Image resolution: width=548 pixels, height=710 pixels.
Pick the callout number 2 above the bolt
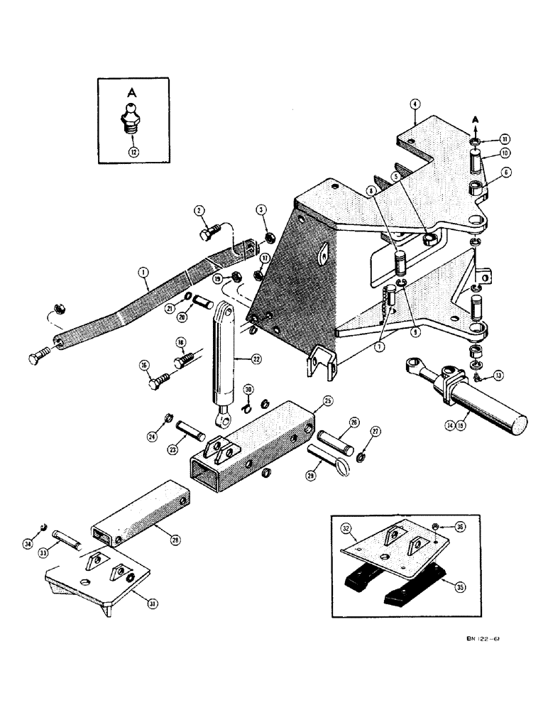200,209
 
